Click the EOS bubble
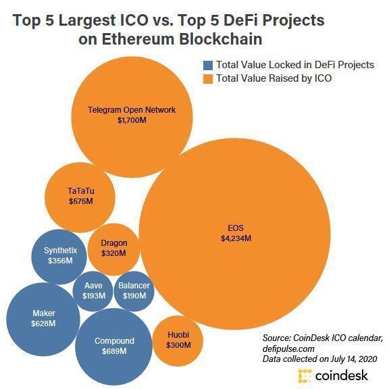coord(236,233)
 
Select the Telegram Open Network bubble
coord(131,115)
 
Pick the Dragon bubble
coord(113,248)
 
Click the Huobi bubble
coord(178,340)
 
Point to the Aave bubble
coord(93,290)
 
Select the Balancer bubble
coord(134,290)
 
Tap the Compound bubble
coord(114,346)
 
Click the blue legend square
coord(209,66)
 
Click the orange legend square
coord(209,79)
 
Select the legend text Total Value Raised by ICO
coord(274,79)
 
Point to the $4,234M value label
coord(236,238)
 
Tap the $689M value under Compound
coord(114,352)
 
